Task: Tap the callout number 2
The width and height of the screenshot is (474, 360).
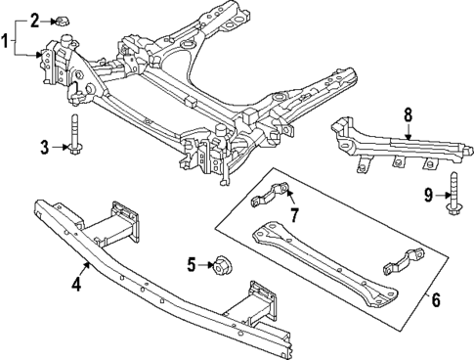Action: (x=34, y=19)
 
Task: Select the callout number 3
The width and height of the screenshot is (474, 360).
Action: (x=44, y=148)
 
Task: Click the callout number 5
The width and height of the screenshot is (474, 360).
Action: (x=193, y=263)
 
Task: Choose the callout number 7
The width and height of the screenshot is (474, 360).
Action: (x=293, y=213)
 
